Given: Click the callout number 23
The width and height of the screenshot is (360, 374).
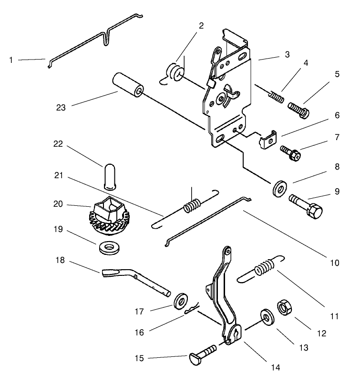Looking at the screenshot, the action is point(61,108).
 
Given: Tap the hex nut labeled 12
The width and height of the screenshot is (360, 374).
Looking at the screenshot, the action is point(284,307).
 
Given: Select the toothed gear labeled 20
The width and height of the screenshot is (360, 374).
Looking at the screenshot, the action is point(109,215).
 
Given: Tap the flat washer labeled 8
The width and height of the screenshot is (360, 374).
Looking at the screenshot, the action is point(280,189).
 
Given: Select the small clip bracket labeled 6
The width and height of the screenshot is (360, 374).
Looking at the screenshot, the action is point(268,140).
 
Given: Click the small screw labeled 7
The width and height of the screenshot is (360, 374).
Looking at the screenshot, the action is point(290,153).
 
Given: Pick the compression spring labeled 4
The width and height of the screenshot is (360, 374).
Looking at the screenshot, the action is point(277,97).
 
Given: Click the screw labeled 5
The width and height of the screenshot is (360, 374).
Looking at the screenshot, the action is point(298,111).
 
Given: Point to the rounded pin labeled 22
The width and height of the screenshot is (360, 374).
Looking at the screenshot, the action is point(110,177).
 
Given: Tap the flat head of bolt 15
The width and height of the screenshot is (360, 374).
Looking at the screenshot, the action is point(196,359).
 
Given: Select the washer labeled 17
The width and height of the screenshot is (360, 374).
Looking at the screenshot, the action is point(181,301).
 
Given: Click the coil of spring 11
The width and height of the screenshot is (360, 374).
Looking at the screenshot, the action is point(264,267).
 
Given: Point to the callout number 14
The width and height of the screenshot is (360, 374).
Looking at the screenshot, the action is point(275,367).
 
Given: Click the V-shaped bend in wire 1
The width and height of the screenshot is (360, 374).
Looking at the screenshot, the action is point(106,38).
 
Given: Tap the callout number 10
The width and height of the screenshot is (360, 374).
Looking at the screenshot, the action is point(334,263).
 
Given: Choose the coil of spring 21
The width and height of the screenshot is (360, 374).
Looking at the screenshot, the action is point(192,206).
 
